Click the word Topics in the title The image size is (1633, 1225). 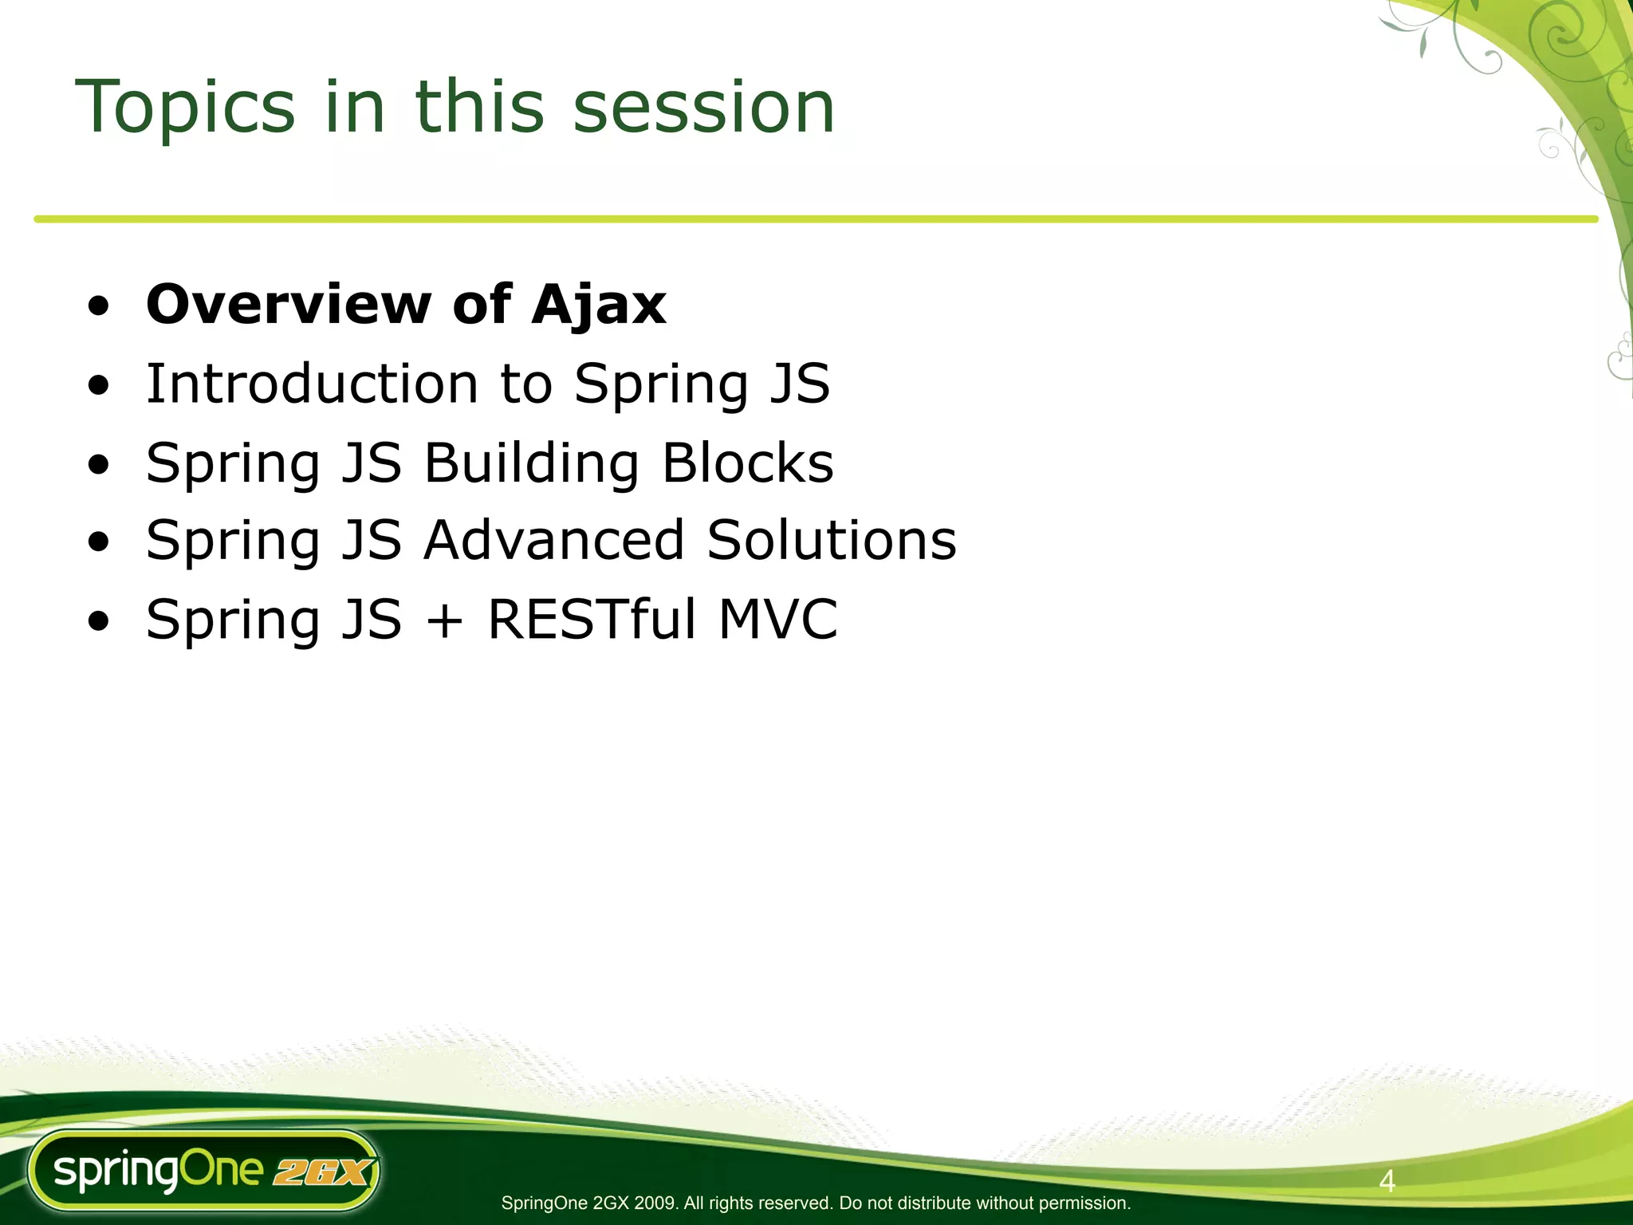tap(185, 108)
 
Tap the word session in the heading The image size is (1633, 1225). tap(704, 108)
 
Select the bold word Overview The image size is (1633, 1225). tap(288, 305)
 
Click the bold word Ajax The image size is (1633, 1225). tap(599, 306)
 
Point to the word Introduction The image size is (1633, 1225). tap(312, 384)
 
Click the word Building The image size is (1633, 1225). tap(531, 463)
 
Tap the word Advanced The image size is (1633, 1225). tap(553, 541)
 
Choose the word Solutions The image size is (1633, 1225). tap(832, 541)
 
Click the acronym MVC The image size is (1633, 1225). tap(777, 620)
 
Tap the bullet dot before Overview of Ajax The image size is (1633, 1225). tap(99, 308)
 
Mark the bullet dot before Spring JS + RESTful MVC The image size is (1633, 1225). tap(99, 622)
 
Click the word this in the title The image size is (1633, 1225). tap(479, 108)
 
